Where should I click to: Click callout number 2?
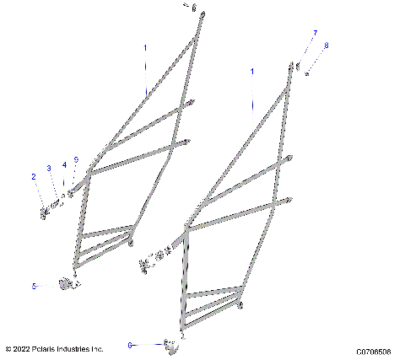pyautogui.click(x=34, y=177)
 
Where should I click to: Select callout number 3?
pyautogui.click(x=49, y=169)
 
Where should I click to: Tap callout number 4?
pyautogui.click(x=64, y=165)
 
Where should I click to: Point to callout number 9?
pyautogui.click(x=76, y=159)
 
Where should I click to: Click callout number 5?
pyautogui.click(x=35, y=287)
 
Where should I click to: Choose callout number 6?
pyautogui.click(x=130, y=345)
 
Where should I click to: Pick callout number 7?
pyautogui.click(x=316, y=33)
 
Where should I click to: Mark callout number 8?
pyautogui.click(x=327, y=45)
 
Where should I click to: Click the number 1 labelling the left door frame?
pyautogui.click(x=144, y=48)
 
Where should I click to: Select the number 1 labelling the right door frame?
pyautogui.click(x=251, y=73)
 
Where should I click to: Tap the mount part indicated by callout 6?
pyautogui.click(x=172, y=344)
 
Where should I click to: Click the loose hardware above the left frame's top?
pyautogui.click(x=194, y=8)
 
